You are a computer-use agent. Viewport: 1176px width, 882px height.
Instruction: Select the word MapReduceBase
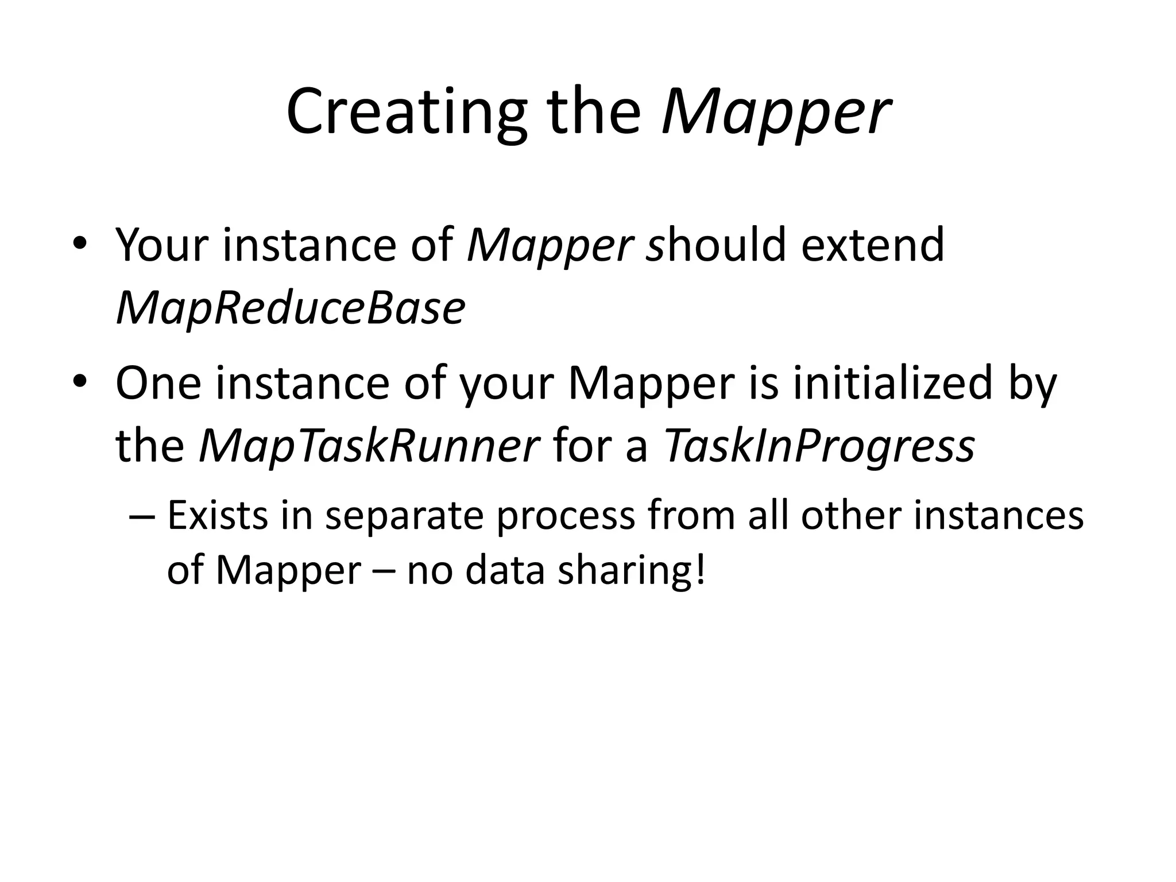click(x=291, y=308)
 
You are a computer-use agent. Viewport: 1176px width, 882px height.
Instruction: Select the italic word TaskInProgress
click(x=819, y=446)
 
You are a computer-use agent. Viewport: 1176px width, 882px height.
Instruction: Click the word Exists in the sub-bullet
click(x=218, y=515)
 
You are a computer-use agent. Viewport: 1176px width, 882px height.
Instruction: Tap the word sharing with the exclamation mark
click(x=631, y=570)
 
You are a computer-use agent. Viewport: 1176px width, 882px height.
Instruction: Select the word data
click(x=504, y=570)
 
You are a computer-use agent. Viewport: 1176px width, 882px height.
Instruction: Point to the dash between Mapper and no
click(x=384, y=571)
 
